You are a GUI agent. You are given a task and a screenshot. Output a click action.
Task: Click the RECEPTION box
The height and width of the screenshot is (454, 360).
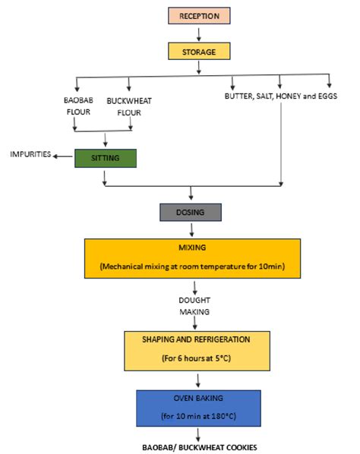[198, 15]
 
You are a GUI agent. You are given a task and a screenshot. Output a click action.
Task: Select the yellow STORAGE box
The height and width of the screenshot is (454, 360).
[198, 52]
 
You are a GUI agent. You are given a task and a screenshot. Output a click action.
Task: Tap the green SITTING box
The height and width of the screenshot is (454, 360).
[106, 158]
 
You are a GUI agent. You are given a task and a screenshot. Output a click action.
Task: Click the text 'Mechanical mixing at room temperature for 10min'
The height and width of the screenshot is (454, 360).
[198, 266]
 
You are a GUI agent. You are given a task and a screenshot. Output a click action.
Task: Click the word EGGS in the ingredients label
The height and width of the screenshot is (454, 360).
[323, 98]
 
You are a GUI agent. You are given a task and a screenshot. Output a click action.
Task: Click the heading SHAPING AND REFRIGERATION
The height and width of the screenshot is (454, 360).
[198, 339]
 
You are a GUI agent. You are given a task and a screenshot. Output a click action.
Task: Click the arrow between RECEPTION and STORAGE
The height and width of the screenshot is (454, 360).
[198, 33]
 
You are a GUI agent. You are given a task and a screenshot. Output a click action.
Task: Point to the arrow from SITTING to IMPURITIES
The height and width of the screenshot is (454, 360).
[64, 154]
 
